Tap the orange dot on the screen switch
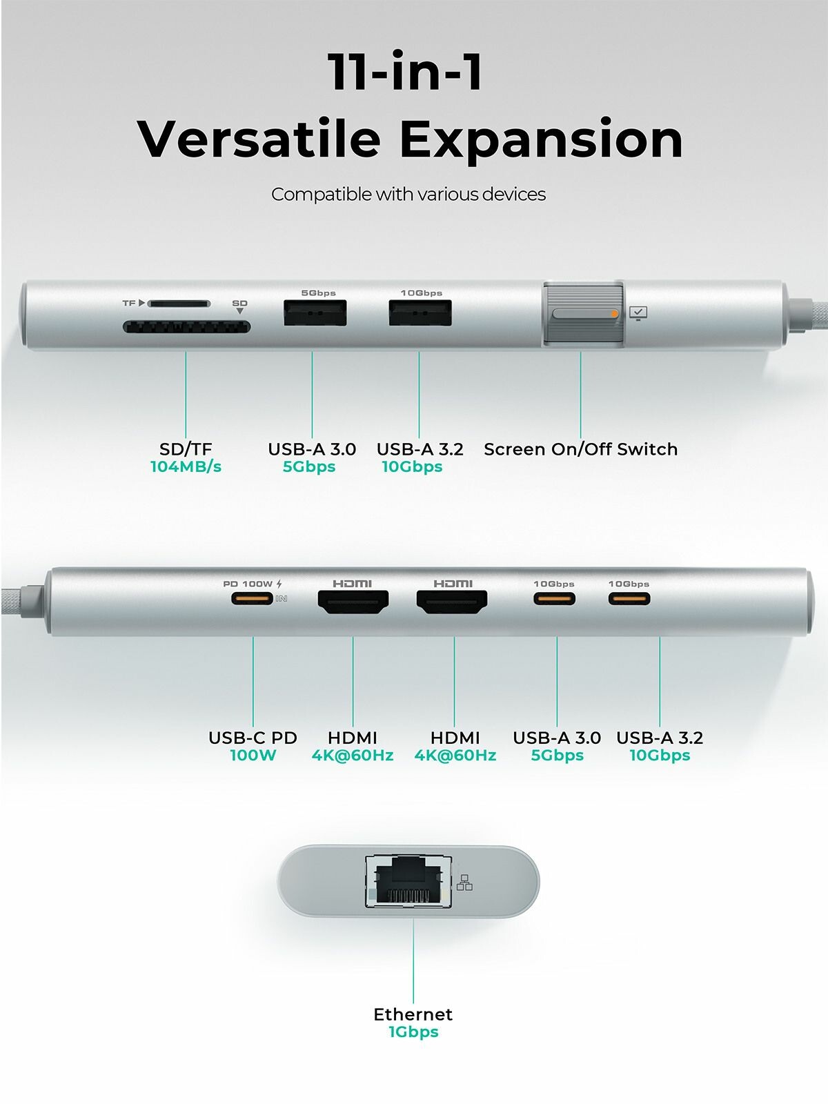pyautogui.click(x=614, y=314)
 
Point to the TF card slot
pyautogui.click(x=179, y=304)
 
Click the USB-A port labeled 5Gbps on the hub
pyautogui.click(x=315, y=313)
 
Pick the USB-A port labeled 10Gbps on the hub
pyautogui.click(x=420, y=313)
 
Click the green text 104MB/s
pyautogui.click(x=186, y=466)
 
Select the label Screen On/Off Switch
pyautogui.click(x=581, y=449)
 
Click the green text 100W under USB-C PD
pyautogui.click(x=253, y=756)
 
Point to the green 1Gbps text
pyautogui.click(x=413, y=1032)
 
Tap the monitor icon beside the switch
pyautogui.click(x=638, y=313)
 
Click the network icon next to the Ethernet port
pyautogui.click(x=464, y=883)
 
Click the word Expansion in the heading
pyautogui.click(x=542, y=140)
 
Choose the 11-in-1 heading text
pyautogui.click(x=405, y=71)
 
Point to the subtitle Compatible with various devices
pyautogui.click(x=408, y=195)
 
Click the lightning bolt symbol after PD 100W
pyautogui.click(x=279, y=584)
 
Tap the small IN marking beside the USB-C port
pyautogui.click(x=281, y=598)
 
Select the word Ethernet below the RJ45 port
pyautogui.click(x=413, y=1014)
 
